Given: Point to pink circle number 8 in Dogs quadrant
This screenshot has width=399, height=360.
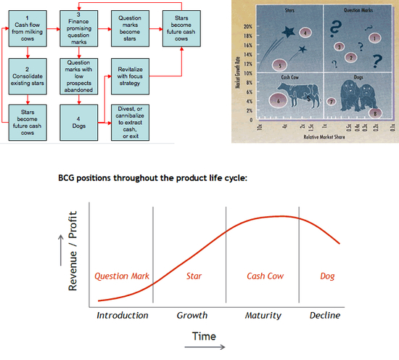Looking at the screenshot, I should click(374, 113).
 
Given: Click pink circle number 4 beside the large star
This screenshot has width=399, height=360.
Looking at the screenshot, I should click(305, 33).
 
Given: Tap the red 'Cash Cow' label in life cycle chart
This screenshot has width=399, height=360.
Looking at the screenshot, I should click(266, 277).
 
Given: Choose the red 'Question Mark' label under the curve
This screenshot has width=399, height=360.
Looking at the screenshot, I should click(122, 277).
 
